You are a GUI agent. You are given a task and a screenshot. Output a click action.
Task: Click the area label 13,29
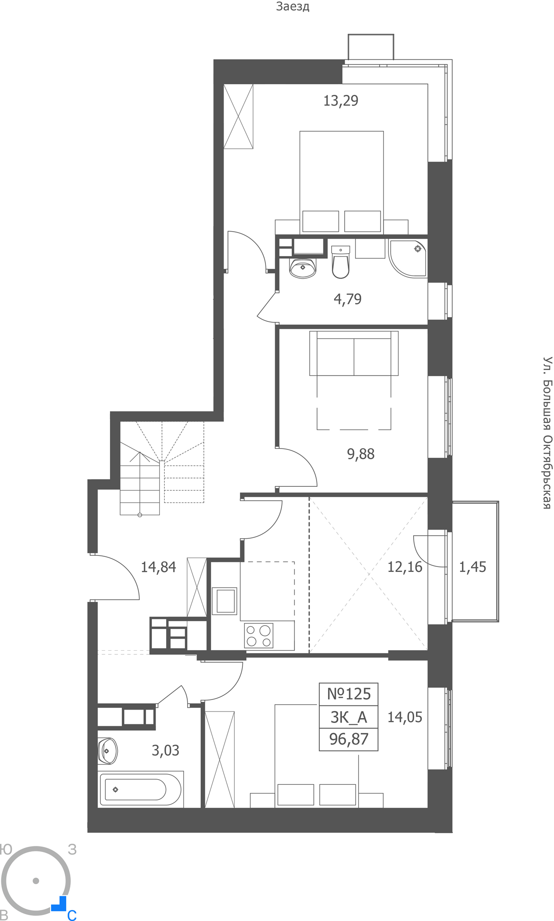click(x=340, y=100)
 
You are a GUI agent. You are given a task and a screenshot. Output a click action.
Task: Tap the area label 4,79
click(x=347, y=299)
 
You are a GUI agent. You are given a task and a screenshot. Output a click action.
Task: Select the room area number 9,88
click(x=361, y=454)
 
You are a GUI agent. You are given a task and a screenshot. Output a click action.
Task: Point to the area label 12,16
click(x=405, y=566)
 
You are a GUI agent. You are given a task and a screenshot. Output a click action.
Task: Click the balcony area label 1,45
click(x=473, y=566)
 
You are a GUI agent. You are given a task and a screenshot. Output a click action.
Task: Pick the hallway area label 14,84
click(x=158, y=567)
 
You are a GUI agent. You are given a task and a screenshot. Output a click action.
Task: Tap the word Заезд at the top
click(x=293, y=6)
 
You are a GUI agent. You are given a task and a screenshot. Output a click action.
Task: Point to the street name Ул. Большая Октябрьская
click(x=547, y=432)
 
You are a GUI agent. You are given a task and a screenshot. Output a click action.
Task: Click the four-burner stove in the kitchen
click(x=259, y=635)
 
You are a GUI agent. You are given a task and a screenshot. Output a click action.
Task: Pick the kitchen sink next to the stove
click(x=225, y=600)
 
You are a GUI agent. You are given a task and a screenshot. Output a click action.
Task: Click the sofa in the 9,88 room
click(x=354, y=353)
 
